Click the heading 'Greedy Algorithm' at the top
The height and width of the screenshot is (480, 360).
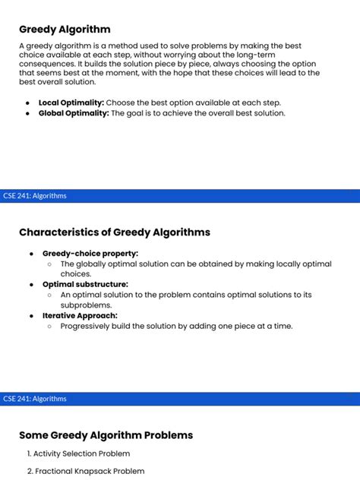[65, 30]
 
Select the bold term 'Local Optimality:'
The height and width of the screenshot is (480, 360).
[71, 102]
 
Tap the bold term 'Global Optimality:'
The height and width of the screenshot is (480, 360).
[74, 113]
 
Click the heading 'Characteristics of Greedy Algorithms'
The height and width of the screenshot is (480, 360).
[115, 232]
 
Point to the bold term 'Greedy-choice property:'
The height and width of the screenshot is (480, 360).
[90, 253]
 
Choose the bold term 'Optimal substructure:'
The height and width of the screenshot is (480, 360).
[85, 284]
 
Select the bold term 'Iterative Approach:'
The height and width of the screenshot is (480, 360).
[80, 315]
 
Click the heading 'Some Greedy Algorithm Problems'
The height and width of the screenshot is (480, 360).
[106, 435]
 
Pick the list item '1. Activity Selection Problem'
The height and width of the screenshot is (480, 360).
[78, 453]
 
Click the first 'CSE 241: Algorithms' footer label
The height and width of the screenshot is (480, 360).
[35, 196]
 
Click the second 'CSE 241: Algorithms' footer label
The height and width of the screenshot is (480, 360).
[35, 399]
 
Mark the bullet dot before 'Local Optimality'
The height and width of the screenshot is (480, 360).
[27, 102]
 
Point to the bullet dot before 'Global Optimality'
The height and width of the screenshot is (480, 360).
[27, 113]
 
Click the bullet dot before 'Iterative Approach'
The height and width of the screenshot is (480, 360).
[31, 315]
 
